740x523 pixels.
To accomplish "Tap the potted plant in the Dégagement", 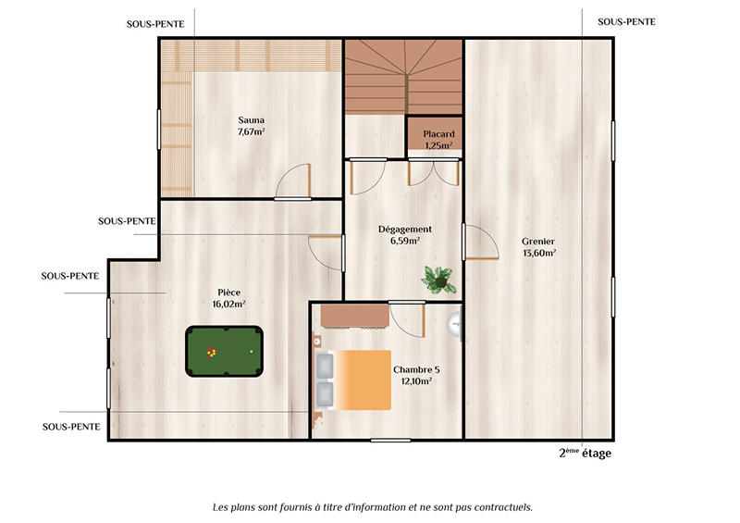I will pyautogui.click(x=437, y=277).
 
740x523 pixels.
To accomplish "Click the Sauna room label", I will pyautogui.click(x=251, y=119).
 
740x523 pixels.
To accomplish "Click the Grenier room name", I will pyautogui.click(x=537, y=242).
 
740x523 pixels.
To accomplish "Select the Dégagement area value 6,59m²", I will pyautogui.click(x=405, y=241).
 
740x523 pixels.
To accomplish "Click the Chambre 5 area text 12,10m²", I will pyautogui.click(x=416, y=380).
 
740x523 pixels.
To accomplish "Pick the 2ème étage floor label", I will pyautogui.click(x=585, y=454).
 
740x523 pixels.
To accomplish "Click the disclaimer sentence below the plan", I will pyautogui.click(x=373, y=507).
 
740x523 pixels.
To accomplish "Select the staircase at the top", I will pyautogui.click(x=403, y=77).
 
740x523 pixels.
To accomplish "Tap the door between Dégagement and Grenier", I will pyautogui.click(x=478, y=243).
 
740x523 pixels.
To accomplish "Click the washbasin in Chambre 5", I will pyautogui.click(x=455, y=322).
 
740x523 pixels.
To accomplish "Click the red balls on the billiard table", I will pyautogui.click(x=211, y=352).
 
